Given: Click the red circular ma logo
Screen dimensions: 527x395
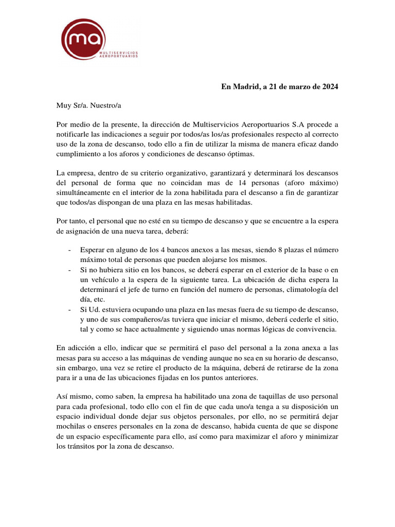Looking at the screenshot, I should [x=83, y=39].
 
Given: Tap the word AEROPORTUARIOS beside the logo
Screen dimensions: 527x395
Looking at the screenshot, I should [x=119, y=57].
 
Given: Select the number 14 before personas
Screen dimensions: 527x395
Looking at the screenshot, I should [x=245, y=183].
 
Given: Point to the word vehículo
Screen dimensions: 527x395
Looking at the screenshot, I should [x=103, y=279].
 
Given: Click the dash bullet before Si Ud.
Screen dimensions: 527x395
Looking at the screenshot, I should [x=69, y=309].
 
